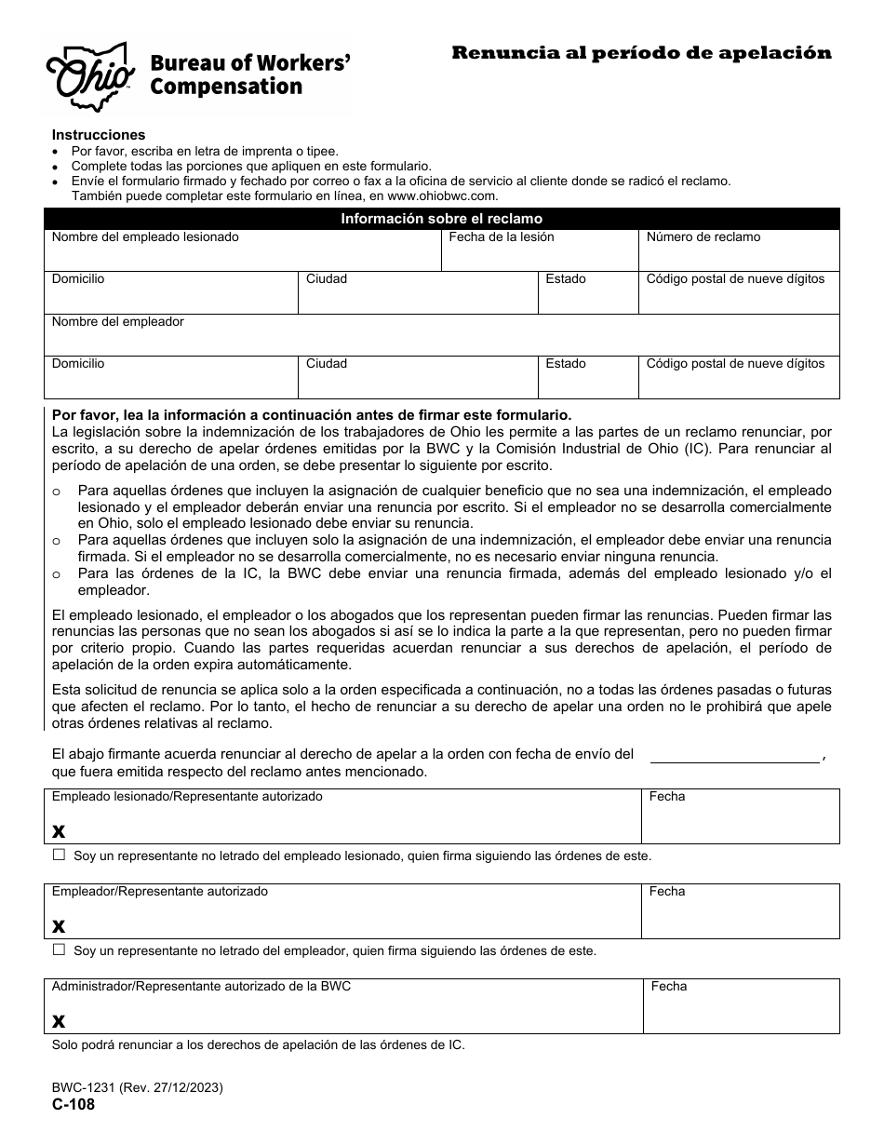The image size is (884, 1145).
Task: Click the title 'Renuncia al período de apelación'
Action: tap(641, 53)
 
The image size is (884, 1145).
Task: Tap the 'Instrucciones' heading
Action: tap(99, 135)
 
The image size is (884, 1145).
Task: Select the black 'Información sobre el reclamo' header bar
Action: tap(441, 219)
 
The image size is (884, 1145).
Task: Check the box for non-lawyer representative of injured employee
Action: tap(60, 854)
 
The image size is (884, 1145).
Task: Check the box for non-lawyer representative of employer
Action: tap(60, 950)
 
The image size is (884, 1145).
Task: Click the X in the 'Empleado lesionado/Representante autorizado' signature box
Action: tap(59, 831)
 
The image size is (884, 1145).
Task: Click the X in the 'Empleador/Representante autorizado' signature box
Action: tap(59, 926)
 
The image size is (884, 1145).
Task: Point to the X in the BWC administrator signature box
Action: tap(59, 1021)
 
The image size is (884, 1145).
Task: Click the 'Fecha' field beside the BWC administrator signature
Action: tap(741, 1013)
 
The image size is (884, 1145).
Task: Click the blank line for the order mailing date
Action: tap(734, 755)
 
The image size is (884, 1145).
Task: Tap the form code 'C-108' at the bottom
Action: tap(73, 1105)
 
